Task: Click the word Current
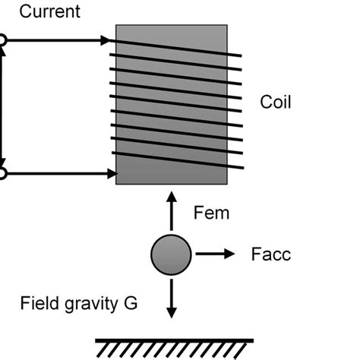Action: pyautogui.click(x=49, y=12)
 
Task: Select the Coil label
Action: pyautogui.click(x=276, y=103)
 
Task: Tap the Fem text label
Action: pyautogui.click(x=210, y=213)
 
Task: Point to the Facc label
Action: pyautogui.click(x=271, y=254)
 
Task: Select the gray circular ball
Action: pyautogui.click(x=171, y=254)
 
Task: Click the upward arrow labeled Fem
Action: pyautogui.click(x=171, y=213)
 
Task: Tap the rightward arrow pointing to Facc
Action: pyautogui.click(x=216, y=254)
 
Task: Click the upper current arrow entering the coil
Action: pyautogui.click(x=57, y=40)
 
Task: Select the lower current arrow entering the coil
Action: pyautogui.click(x=57, y=174)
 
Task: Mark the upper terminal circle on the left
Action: pyautogui.click(x=2, y=40)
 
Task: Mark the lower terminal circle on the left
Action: pyautogui.click(x=2, y=174)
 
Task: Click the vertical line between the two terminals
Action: pyautogui.click(x=3, y=106)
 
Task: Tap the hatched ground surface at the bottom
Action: pyautogui.click(x=175, y=348)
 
